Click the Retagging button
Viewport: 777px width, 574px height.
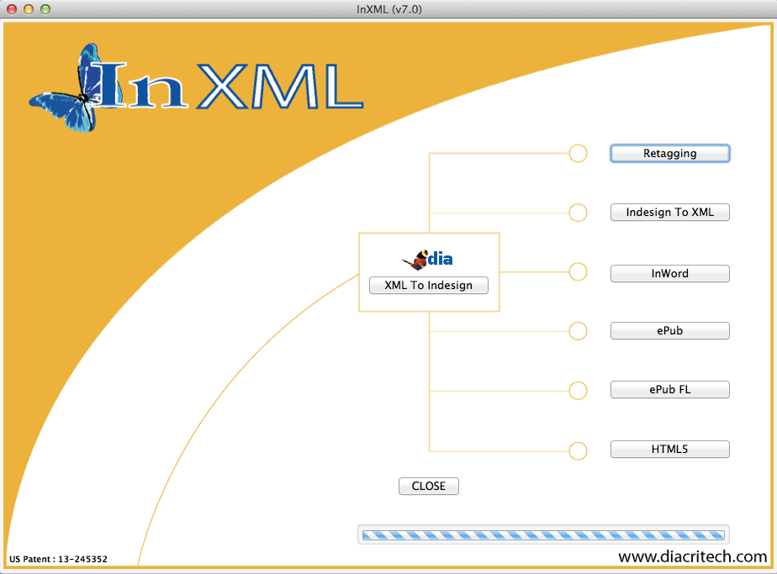point(669,154)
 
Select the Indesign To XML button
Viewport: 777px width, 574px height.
point(669,213)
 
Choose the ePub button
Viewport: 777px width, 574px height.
point(669,331)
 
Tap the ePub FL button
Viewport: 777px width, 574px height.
point(669,390)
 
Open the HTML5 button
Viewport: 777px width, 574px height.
point(669,450)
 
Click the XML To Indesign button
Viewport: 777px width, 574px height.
point(428,285)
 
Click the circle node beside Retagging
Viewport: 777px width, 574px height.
point(578,153)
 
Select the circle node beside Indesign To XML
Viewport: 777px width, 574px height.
point(578,213)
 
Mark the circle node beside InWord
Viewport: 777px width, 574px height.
point(578,271)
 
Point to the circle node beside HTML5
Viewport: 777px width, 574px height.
point(578,450)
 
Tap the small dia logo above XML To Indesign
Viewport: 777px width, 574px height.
point(429,259)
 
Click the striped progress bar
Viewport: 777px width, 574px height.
point(542,535)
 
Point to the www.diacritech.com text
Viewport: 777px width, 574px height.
point(692,556)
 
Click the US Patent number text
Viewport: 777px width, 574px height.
point(58,559)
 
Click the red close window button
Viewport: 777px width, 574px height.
point(11,9)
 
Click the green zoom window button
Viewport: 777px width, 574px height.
point(45,9)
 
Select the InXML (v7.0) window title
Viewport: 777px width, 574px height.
point(388,9)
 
